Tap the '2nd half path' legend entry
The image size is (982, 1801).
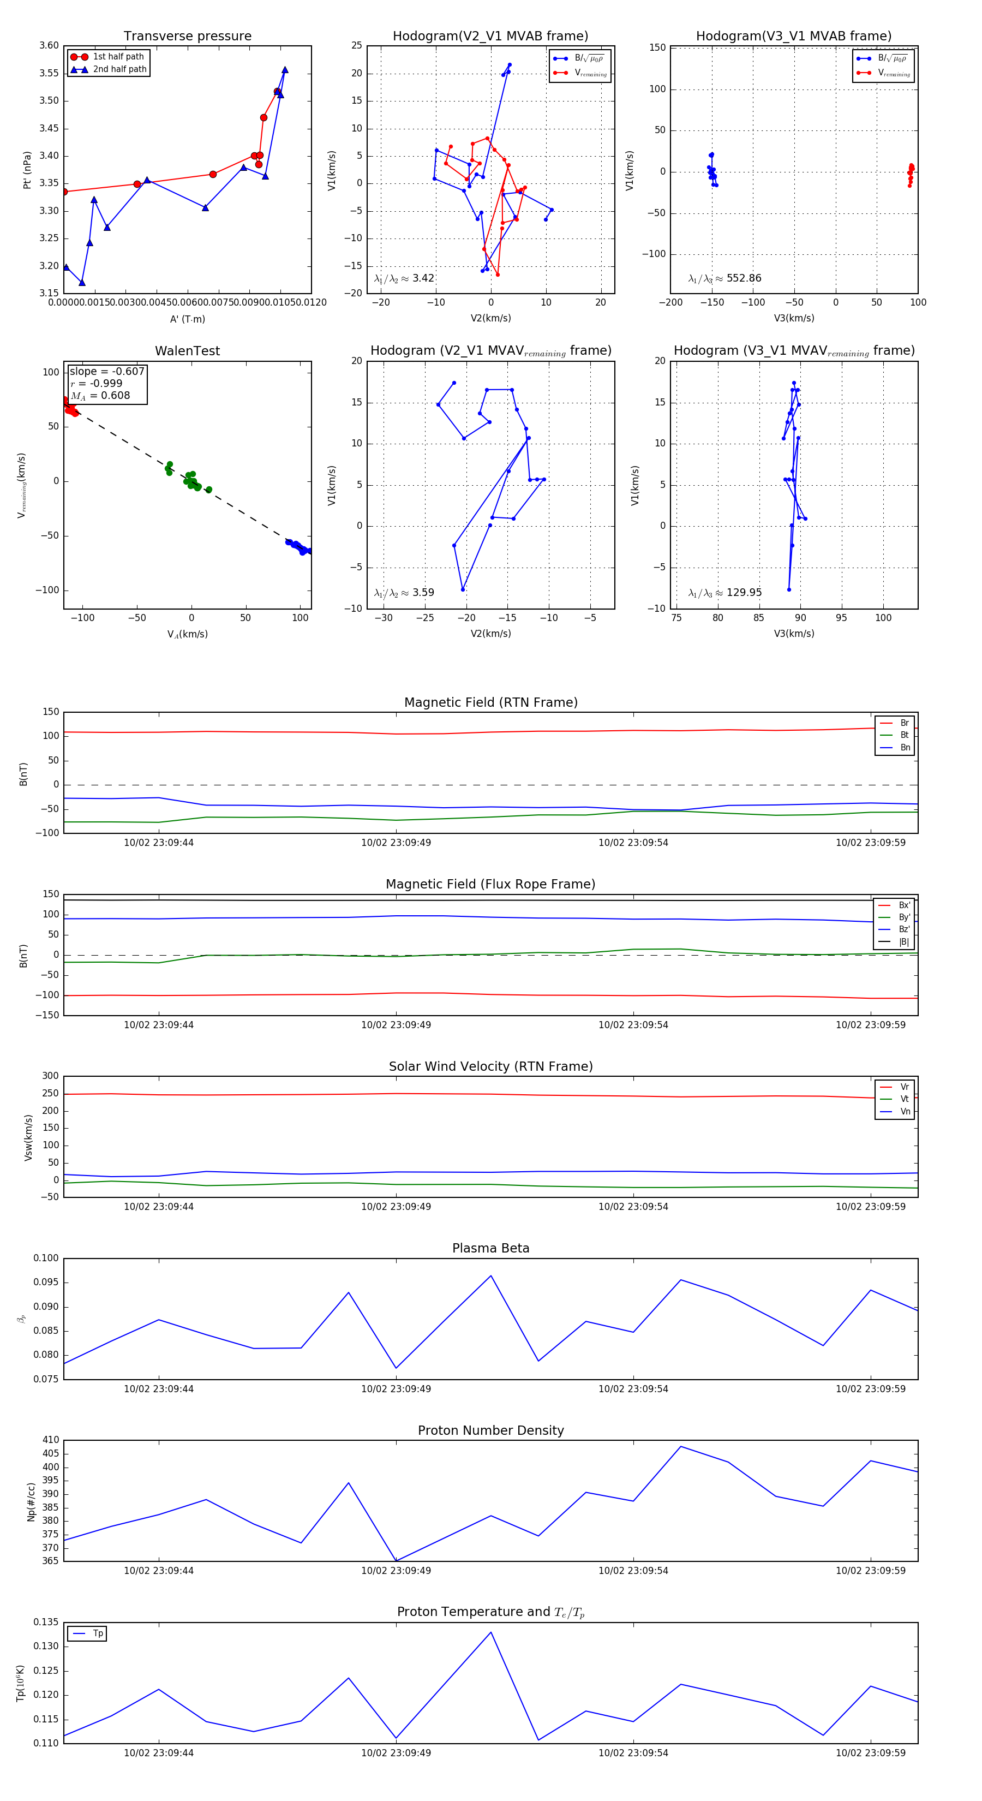tap(119, 69)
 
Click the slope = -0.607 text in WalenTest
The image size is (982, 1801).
tap(107, 371)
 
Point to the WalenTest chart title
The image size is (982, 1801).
tap(187, 351)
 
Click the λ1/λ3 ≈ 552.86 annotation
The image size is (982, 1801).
tap(725, 278)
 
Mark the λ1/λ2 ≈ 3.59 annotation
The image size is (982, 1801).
tap(404, 593)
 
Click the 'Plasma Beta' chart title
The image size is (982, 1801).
tap(490, 1248)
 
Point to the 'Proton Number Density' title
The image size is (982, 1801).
tap(490, 1430)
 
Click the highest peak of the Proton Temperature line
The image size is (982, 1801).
tap(490, 1632)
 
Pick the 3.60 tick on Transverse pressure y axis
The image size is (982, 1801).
tap(49, 45)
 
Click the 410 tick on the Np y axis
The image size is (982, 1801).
tap(51, 1440)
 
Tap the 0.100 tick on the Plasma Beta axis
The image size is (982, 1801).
tap(46, 1258)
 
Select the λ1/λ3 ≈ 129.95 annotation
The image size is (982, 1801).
tap(725, 593)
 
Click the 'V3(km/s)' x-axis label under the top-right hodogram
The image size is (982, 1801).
tap(794, 318)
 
